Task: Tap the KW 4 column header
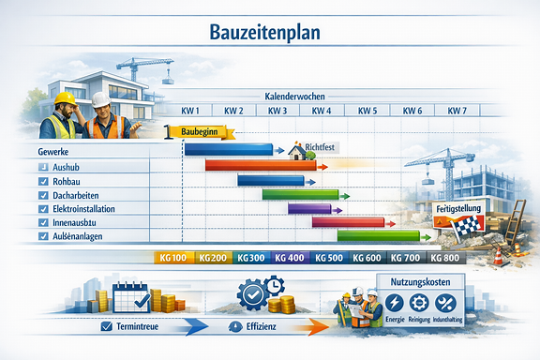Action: (322, 111)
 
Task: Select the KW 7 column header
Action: (456, 111)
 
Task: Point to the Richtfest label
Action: (324, 148)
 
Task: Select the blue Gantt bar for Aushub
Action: (228, 149)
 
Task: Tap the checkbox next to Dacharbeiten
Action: (44, 195)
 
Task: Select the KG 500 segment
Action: (327, 258)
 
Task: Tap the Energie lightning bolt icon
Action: (395, 304)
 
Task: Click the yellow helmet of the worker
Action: (64, 97)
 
